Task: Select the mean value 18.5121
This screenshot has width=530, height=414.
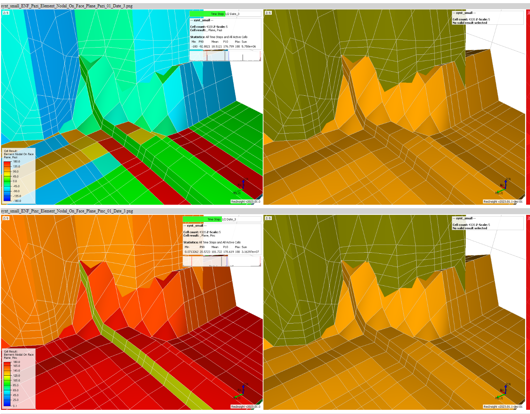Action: pos(216,46)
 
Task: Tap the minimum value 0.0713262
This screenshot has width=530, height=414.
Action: pos(191,252)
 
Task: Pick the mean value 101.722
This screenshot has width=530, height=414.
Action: pos(216,252)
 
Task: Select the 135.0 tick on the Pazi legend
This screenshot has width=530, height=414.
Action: pos(16,167)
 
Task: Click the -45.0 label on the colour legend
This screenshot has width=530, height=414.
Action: pos(16,186)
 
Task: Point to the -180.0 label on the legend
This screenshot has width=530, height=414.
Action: pos(17,201)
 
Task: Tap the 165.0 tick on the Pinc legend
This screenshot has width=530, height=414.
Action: pos(16,366)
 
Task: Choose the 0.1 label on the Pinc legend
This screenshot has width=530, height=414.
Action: pos(15,406)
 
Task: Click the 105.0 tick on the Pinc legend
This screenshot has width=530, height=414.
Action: pos(16,380)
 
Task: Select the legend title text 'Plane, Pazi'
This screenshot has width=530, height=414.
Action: pos(10,157)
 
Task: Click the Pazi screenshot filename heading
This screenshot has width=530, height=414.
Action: pos(67,6)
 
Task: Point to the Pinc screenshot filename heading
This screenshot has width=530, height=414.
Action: pos(67,211)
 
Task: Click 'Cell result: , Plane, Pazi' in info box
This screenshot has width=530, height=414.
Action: pos(206,30)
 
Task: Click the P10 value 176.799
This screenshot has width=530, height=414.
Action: pos(229,46)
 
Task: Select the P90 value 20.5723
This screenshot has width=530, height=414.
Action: pos(205,252)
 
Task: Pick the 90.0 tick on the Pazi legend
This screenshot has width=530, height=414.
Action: pos(16,172)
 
